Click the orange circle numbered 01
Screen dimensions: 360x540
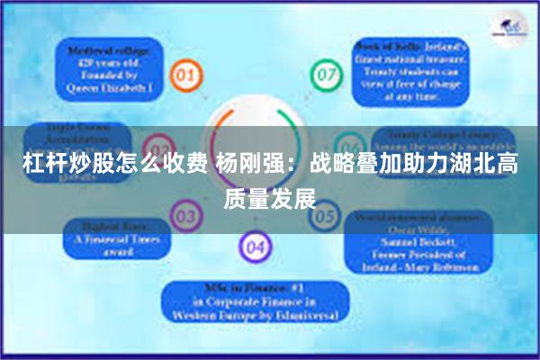[185, 76]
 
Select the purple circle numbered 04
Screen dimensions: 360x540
[255, 246]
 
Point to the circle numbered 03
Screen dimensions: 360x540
[184, 216]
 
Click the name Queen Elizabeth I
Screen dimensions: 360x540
[109, 90]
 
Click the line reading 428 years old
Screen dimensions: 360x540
[109, 65]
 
